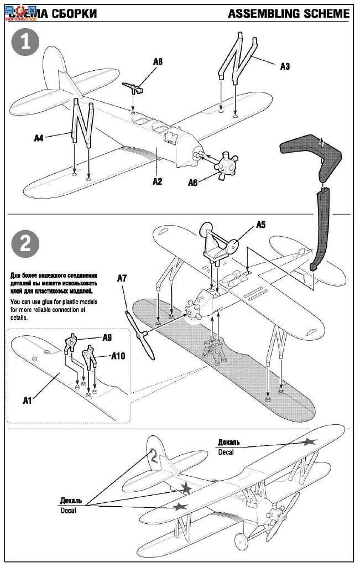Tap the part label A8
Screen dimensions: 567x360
tap(158, 62)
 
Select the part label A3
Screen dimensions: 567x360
tap(285, 66)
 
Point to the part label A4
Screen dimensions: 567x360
tap(38, 138)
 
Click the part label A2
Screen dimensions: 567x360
tap(158, 181)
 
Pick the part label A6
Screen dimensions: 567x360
tap(192, 183)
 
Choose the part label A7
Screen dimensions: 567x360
tap(122, 279)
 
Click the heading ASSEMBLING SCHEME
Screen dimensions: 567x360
tap(289, 13)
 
